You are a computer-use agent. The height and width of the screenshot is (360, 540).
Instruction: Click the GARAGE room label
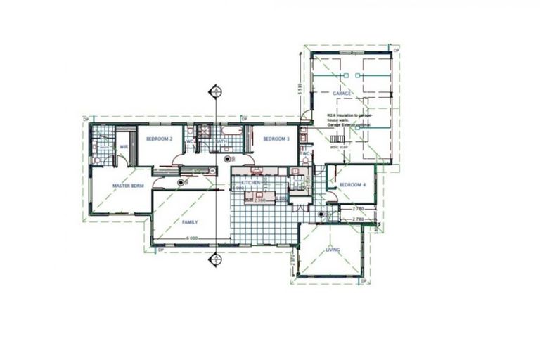pos(342,93)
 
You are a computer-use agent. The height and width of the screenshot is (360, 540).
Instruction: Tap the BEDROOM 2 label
pos(160,139)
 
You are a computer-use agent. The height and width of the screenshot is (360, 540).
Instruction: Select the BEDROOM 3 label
pos(276,139)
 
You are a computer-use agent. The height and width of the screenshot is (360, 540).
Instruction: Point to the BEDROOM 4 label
pos(352,185)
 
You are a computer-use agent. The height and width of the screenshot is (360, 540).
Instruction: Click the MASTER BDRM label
pos(129,186)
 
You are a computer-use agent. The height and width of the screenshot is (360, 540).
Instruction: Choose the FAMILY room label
pos(190,222)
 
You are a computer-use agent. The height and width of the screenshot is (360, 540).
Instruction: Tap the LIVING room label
pos(333,250)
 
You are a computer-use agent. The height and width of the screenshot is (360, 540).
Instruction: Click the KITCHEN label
pos(252,183)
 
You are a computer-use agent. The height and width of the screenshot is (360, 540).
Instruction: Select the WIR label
pos(123,146)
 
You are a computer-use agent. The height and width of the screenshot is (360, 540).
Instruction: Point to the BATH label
pos(221,141)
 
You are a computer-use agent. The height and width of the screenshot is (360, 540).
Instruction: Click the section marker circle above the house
pos(214,91)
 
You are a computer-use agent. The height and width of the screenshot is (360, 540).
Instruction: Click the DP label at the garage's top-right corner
pos(397,51)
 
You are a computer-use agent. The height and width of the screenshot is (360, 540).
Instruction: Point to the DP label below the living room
pos(364,282)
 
